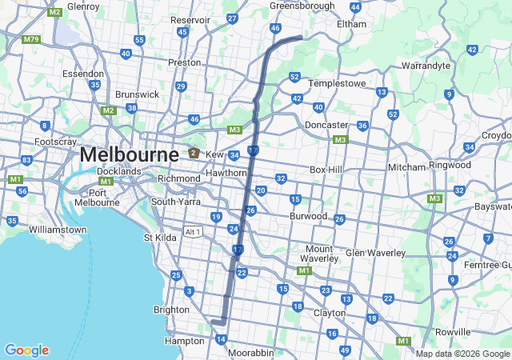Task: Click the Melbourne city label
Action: tap(129, 154)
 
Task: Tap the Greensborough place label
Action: tap(302, 6)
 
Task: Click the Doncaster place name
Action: tap(326, 126)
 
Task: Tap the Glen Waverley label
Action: tap(375, 254)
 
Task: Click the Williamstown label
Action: tap(57, 230)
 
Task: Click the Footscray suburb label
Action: tap(55, 142)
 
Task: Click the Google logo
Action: tap(26, 350)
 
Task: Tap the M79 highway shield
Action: tap(32, 39)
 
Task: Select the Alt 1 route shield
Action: tap(193, 231)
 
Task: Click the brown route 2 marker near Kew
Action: tap(193, 153)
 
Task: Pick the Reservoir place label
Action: tap(190, 20)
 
